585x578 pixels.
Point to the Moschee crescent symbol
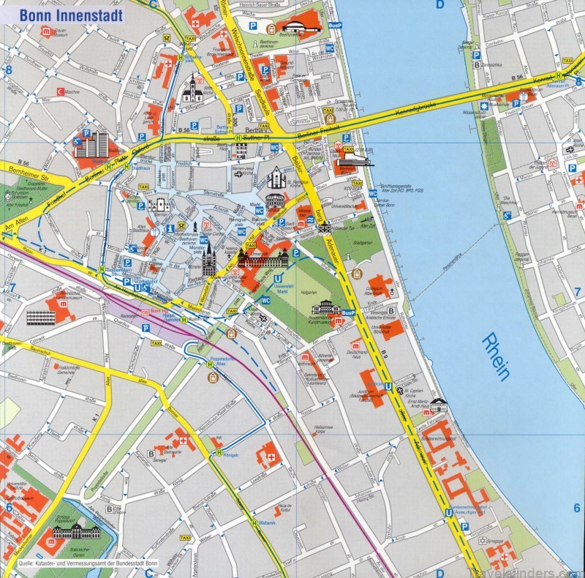tap(60, 91)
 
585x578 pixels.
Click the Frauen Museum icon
tap(45, 31)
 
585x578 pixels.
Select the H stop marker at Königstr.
tap(218, 453)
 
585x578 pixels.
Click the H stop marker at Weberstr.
tap(254, 522)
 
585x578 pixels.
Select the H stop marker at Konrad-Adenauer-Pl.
tap(559, 75)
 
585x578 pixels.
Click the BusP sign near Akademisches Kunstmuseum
tap(348, 313)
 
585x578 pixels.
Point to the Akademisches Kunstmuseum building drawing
tap(325, 307)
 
